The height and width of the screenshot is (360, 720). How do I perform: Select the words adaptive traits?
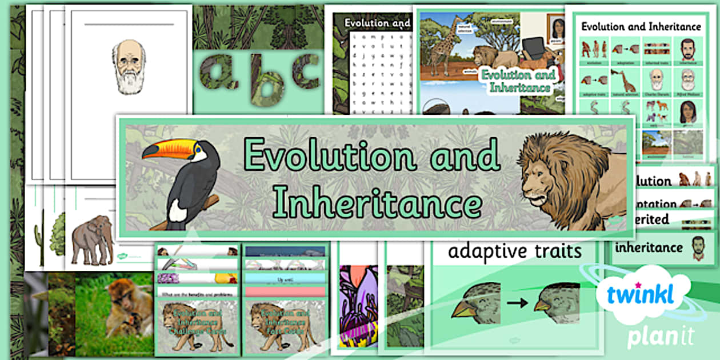(514, 251)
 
